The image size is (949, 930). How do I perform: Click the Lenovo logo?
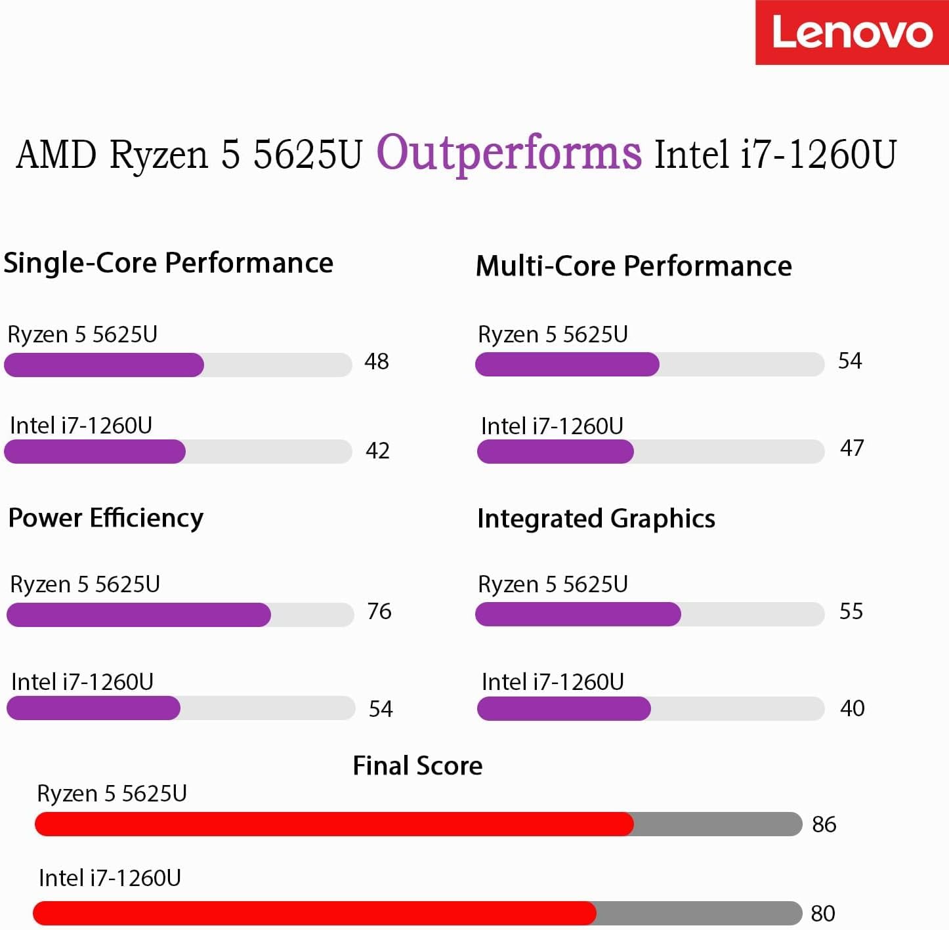(x=852, y=32)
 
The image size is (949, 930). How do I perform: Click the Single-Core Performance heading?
(x=169, y=263)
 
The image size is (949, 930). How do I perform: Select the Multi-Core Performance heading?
(x=634, y=266)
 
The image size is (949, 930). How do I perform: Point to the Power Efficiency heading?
(x=106, y=518)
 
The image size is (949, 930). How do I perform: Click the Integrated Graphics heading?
(x=596, y=519)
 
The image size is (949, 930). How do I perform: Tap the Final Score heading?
(x=417, y=765)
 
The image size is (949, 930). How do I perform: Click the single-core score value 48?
(x=377, y=361)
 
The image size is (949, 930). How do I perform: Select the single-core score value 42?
(x=377, y=451)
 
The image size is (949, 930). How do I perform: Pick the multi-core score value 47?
(x=852, y=448)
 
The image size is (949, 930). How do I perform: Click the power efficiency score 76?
(x=379, y=611)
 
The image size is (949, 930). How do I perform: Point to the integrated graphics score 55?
(x=851, y=611)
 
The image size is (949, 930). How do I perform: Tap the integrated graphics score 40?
(x=853, y=708)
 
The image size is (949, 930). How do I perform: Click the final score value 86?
(x=824, y=824)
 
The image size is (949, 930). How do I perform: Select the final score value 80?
(x=823, y=914)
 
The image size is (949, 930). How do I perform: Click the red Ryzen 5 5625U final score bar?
(x=334, y=824)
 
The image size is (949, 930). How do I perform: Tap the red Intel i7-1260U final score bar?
(x=314, y=913)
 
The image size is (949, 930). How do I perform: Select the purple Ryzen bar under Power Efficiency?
(x=138, y=615)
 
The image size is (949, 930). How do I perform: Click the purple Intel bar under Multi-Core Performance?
(x=555, y=451)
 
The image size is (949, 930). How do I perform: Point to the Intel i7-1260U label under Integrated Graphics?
(x=553, y=682)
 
